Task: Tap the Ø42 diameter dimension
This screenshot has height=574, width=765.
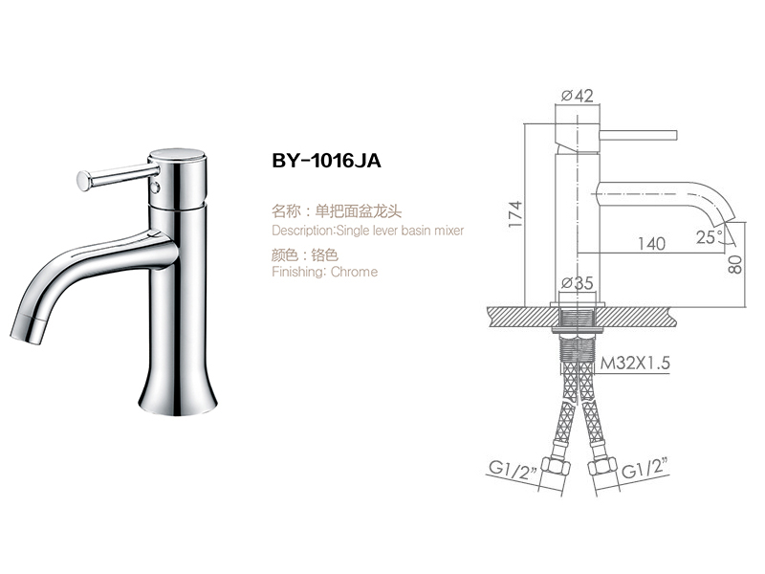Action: (579, 95)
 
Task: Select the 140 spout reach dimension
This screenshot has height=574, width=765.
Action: (650, 244)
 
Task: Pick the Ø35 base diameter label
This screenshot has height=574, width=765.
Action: (578, 283)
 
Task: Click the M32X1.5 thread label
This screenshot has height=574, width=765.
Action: (634, 364)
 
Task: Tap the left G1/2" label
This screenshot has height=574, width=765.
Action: (512, 470)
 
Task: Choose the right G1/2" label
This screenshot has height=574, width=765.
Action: (644, 470)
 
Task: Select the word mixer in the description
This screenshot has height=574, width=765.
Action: (447, 231)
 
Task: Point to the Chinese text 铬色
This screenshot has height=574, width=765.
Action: (326, 255)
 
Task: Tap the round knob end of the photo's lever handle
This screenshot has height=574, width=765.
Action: (81, 177)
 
